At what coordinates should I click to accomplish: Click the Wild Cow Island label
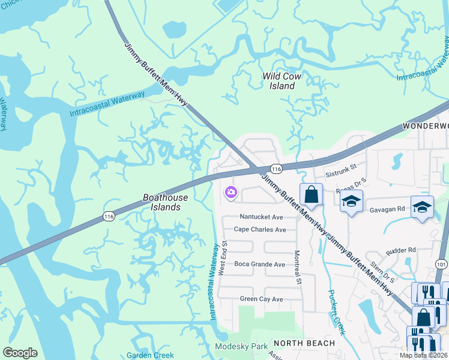[x=282, y=81]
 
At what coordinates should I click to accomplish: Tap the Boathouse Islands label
[x=165, y=202]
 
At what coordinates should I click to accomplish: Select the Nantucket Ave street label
[x=261, y=217]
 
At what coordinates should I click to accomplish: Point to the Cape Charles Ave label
[x=260, y=230]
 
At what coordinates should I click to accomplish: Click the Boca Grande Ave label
[x=259, y=264]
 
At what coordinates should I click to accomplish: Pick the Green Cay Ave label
[x=261, y=299]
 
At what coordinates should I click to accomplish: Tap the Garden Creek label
[x=150, y=355]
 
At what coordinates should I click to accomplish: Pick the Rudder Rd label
[x=402, y=250]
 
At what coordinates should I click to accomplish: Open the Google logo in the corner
[x=20, y=353]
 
